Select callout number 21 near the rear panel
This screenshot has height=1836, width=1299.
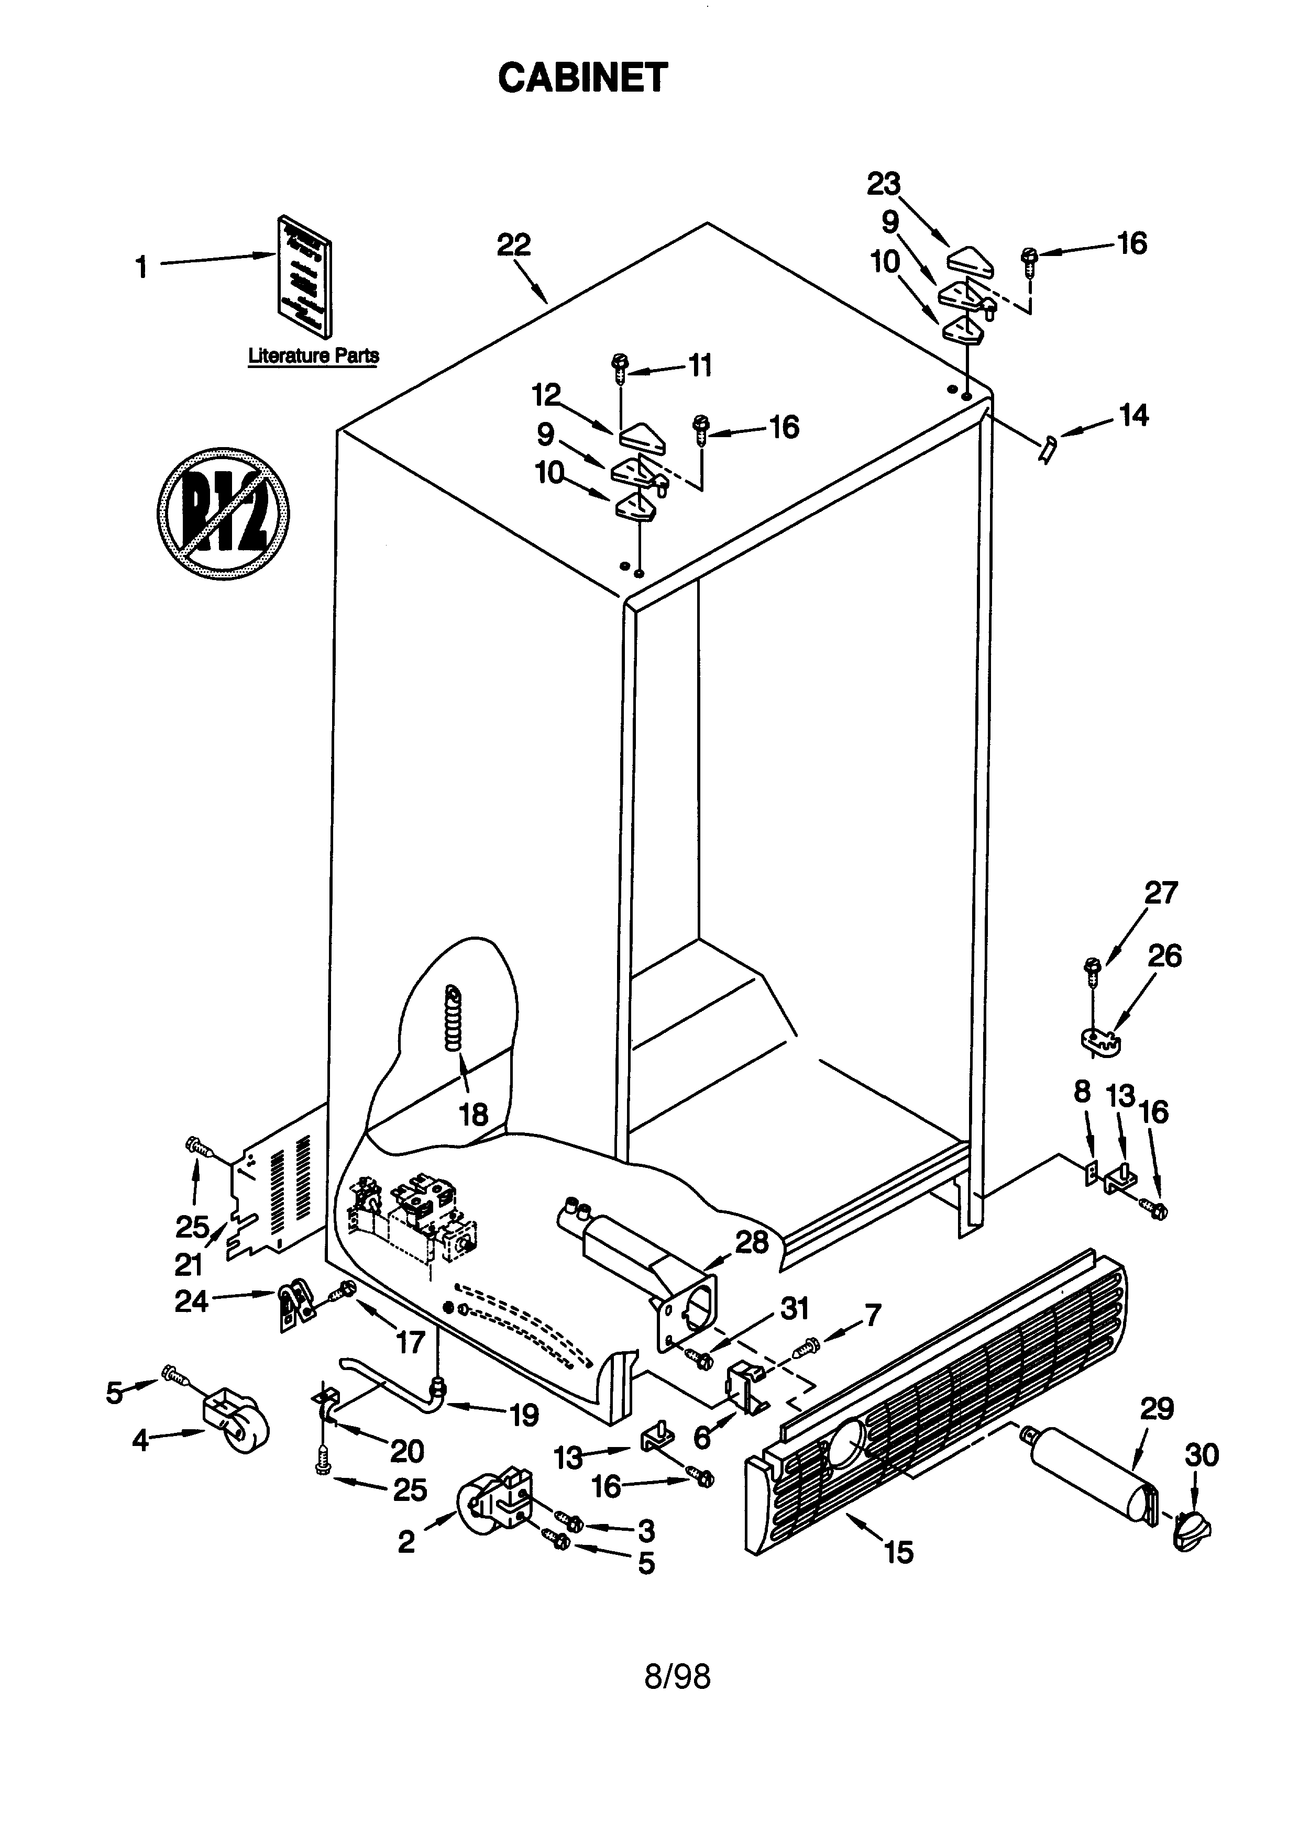point(190,1264)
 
